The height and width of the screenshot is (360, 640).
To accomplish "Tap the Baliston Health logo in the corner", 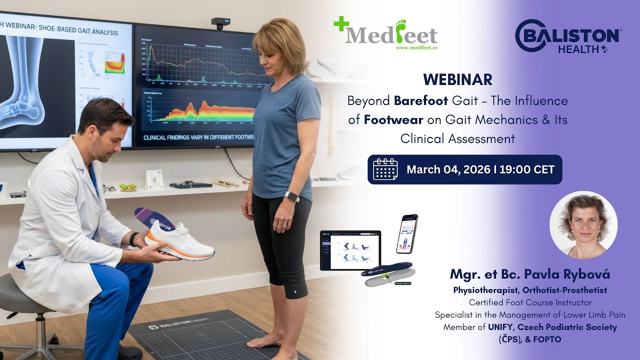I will [568, 36].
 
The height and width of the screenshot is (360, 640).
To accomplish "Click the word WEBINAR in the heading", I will [457, 79].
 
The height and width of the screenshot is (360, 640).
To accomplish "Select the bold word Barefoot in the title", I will [421, 101].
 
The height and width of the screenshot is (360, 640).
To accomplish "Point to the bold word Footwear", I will [393, 120].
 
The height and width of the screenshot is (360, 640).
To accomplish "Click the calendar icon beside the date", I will [385, 169].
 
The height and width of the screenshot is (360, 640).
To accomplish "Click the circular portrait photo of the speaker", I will [583, 225].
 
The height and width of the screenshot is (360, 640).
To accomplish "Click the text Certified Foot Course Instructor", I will [530, 302].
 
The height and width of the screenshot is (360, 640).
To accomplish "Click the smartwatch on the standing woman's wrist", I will [291, 196].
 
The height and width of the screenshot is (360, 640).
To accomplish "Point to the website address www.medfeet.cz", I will [416, 48].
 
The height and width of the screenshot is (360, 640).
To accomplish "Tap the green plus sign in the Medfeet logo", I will [341, 23].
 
